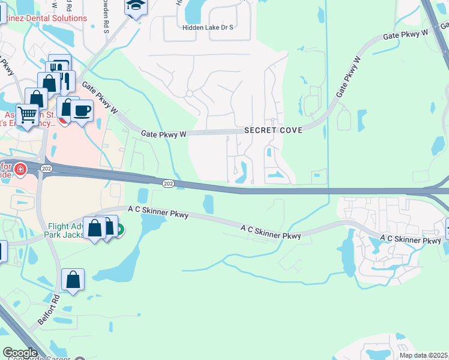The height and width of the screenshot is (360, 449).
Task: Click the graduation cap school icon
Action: click(x=136, y=7)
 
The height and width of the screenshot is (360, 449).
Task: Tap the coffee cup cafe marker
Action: click(x=81, y=111)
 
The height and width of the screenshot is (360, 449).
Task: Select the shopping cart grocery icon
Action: click(x=27, y=114)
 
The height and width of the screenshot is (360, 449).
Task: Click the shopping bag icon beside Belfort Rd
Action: click(x=73, y=280)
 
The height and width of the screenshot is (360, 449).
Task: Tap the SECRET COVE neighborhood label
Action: click(x=273, y=130)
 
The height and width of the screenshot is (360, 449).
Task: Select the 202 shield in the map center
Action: click(x=168, y=183)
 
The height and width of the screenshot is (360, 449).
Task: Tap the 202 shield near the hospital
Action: click(x=47, y=170)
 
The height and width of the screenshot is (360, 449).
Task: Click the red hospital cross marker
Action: click(x=20, y=170)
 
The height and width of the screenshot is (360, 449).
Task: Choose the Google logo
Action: click(x=20, y=353)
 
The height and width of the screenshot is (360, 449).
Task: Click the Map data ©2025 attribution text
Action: click(x=424, y=355)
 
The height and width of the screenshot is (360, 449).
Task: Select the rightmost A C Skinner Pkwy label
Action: click(x=411, y=239)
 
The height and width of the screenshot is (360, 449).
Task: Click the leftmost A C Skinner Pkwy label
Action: click(x=158, y=211)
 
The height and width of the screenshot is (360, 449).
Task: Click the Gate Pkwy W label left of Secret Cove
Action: click(x=163, y=133)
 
